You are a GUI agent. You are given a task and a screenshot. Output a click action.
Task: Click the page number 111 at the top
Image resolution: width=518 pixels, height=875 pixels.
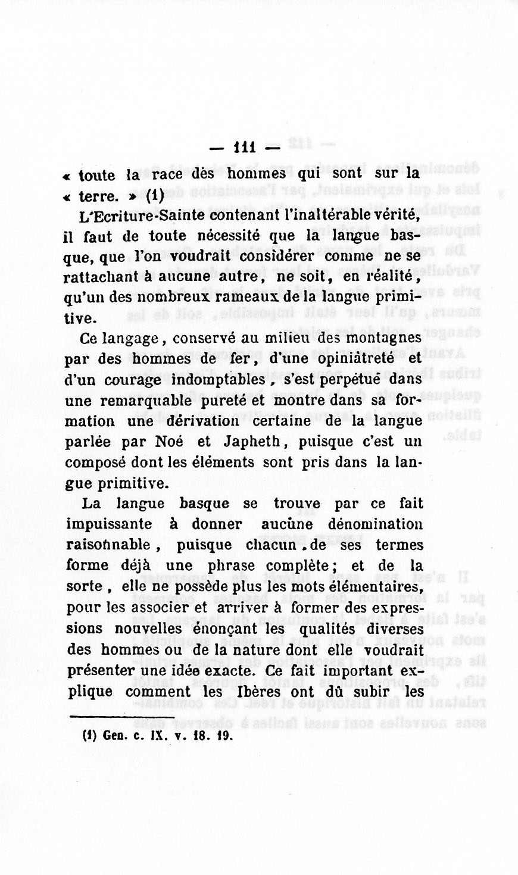[245, 146]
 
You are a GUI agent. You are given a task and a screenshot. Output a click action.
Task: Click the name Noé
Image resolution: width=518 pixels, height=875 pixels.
[168, 442]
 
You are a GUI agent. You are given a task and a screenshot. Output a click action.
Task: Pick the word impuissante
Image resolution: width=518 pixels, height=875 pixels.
[109, 524]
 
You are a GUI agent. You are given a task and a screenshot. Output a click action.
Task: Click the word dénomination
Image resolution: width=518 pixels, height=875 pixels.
[375, 524]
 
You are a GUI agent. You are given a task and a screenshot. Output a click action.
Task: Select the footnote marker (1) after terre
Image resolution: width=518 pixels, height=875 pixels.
[154, 195]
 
